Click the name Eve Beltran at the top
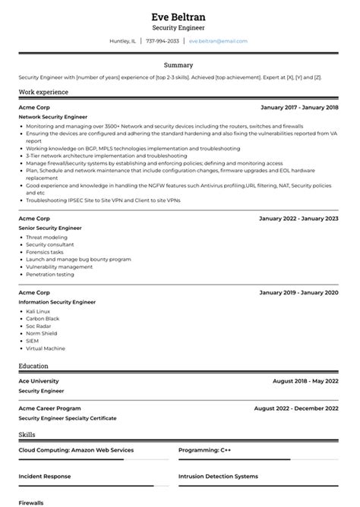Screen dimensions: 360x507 click(x=179, y=16)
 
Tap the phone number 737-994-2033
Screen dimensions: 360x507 click(x=163, y=41)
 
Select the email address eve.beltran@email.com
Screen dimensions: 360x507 click(x=218, y=41)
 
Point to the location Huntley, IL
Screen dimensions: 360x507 click(x=123, y=41)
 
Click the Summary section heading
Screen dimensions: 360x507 click(x=179, y=65)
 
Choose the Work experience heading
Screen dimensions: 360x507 click(x=43, y=92)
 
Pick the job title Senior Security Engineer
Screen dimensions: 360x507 click(x=50, y=228)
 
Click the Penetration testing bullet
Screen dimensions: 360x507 click(x=50, y=274)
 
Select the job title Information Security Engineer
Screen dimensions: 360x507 click(x=57, y=301)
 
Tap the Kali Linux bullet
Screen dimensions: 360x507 click(x=39, y=310)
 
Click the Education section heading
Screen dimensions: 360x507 click(x=33, y=366)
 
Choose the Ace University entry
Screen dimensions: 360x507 click(x=39, y=380)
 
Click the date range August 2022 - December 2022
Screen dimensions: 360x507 click(x=296, y=408)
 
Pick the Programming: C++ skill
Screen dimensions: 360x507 click(x=205, y=449)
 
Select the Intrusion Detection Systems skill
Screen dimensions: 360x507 click(x=218, y=477)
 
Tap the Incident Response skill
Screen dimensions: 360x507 click(x=45, y=477)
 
